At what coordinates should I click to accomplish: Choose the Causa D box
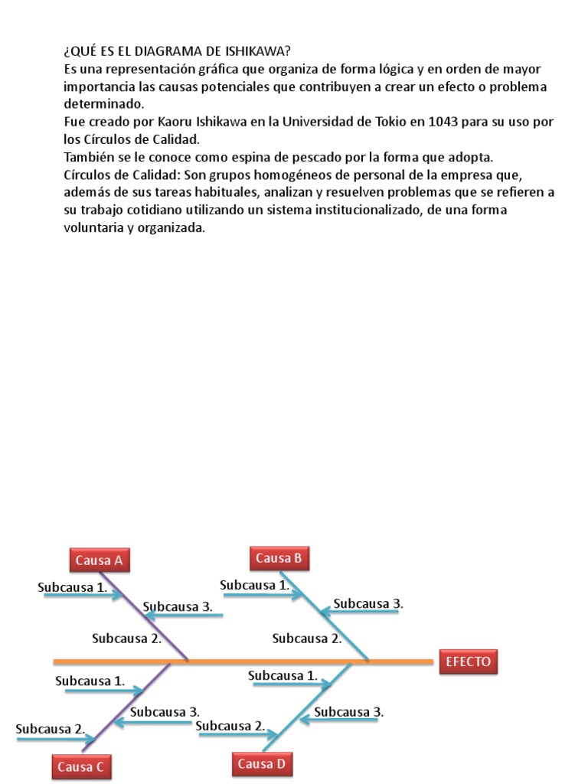coord(261,763)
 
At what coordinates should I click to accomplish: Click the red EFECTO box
coord(468,661)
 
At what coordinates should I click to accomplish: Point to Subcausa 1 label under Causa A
coord(73,587)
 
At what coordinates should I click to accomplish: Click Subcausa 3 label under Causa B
coord(368,603)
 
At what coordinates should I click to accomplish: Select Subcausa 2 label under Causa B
coord(307,639)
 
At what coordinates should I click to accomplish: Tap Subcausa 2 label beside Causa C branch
coord(51,729)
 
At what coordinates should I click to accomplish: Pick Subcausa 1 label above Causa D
coord(283,675)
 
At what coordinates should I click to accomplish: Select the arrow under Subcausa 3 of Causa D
coord(339,720)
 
